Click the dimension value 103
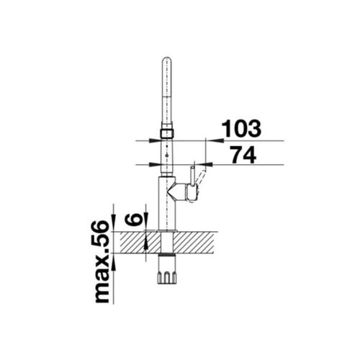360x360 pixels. tap(241, 128)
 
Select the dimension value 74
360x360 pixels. tap(243, 155)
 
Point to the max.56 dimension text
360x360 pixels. tap(101, 262)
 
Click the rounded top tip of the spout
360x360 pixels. tap(167, 58)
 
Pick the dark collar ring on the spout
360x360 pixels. tap(166, 133)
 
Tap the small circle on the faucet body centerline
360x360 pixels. tap(166, 156)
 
